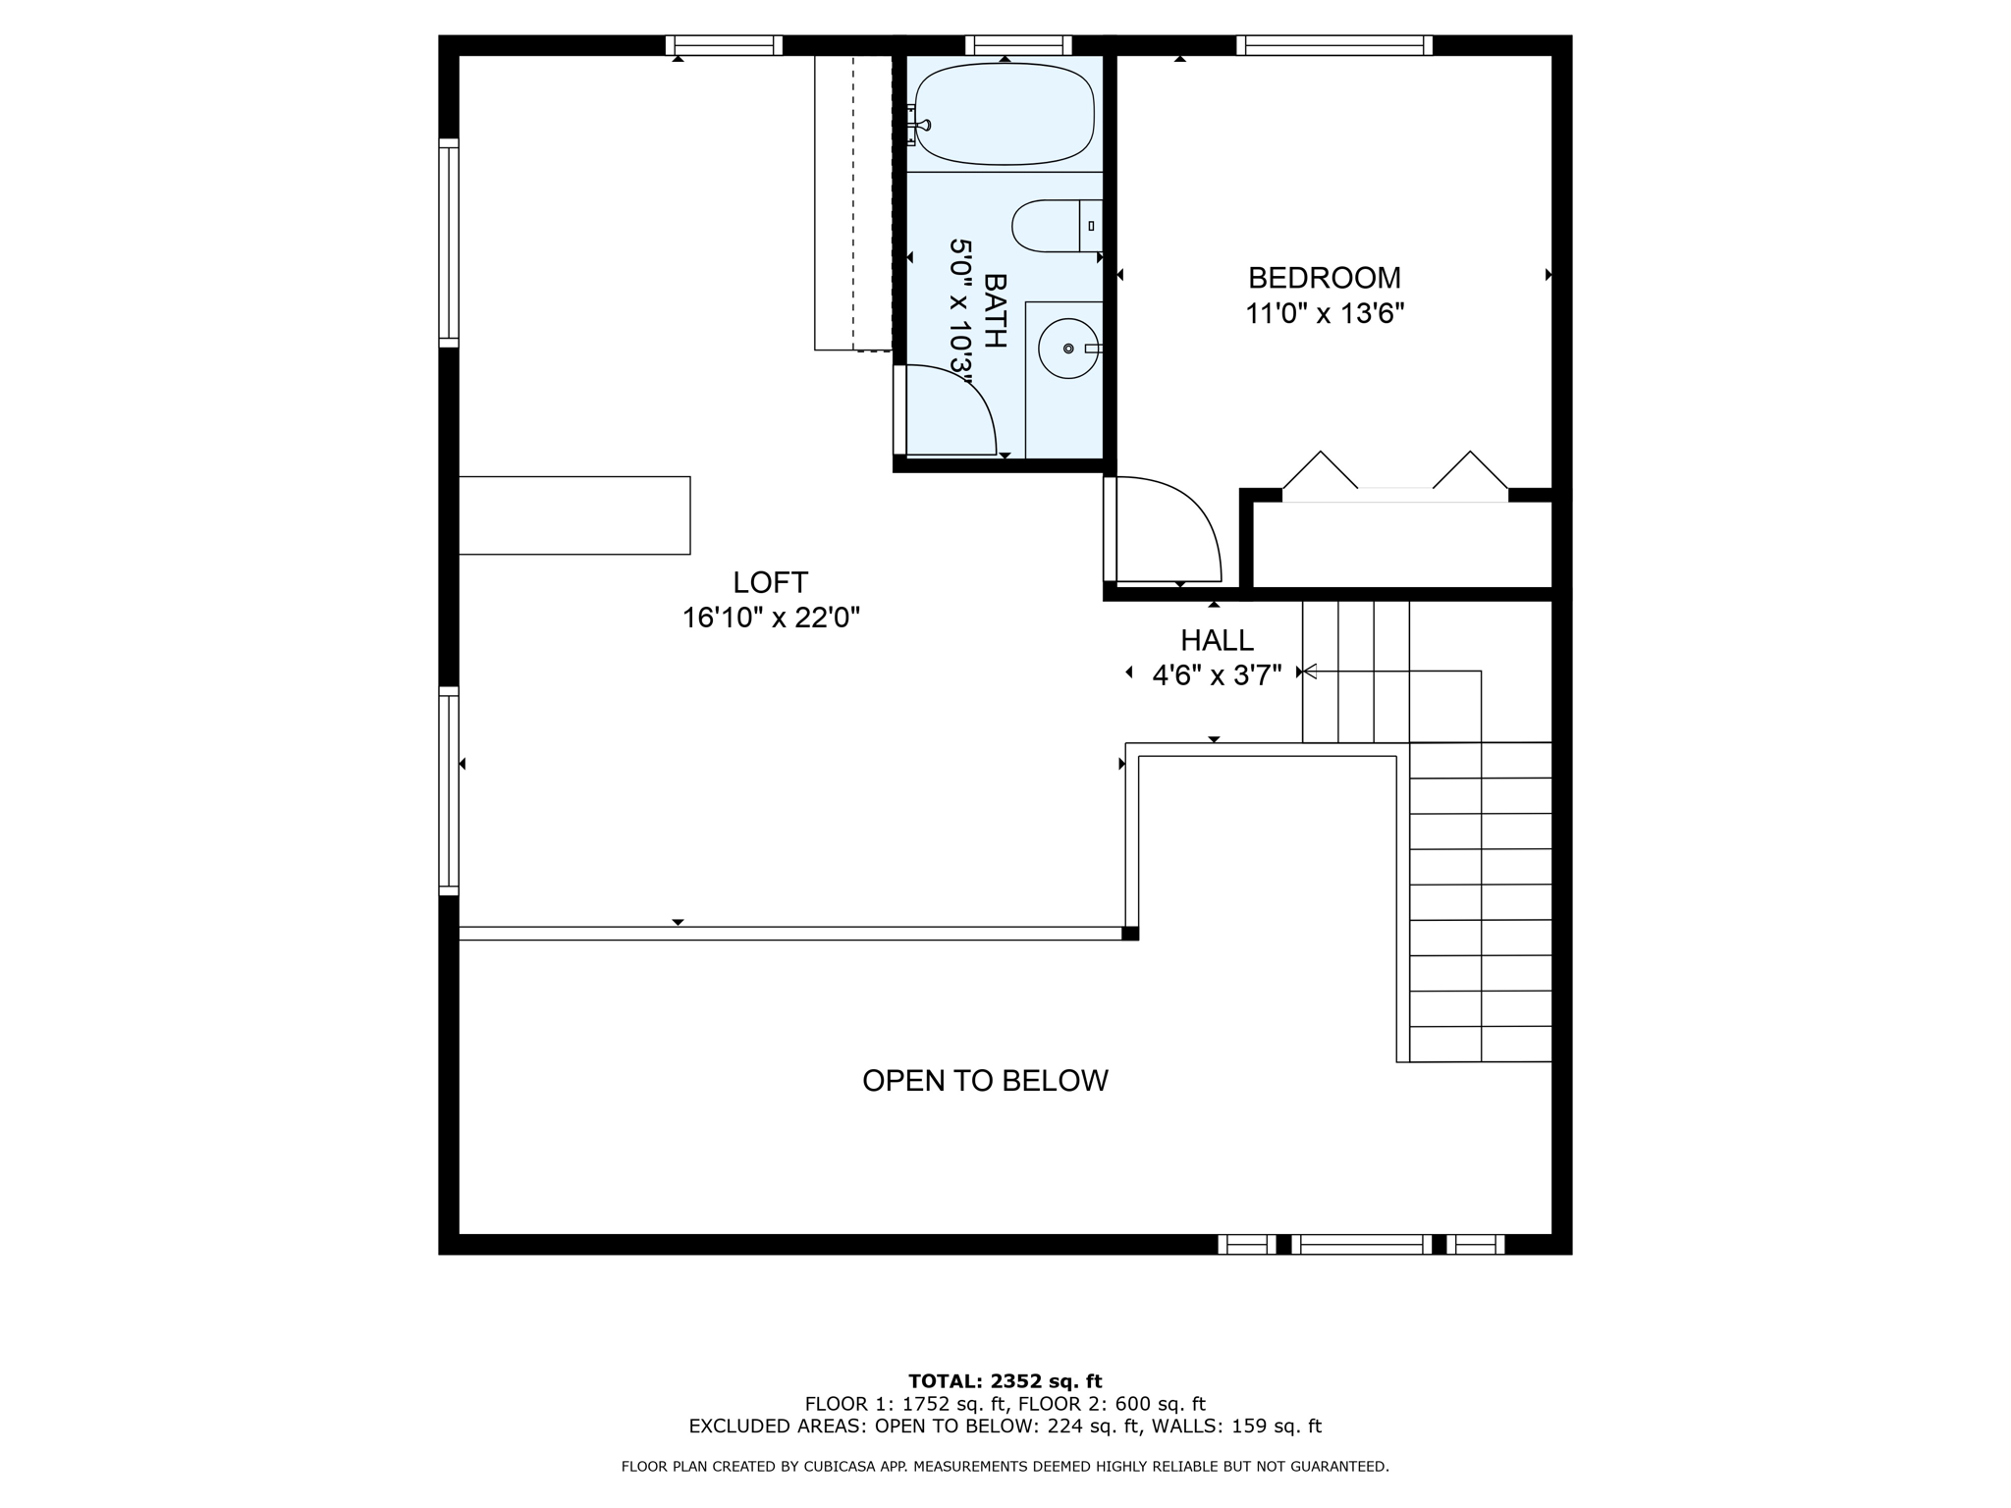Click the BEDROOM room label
(x=1324, y=278)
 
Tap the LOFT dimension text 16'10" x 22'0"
(x=771, y=618)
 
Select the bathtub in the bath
(x=1004, y=114)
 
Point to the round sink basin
(x=1067, y=349)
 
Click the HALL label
(x=1217, y=640)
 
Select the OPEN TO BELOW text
(x=985, y=1081)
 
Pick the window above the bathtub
(x=1017, y=45)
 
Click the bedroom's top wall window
(x=1333, y=45)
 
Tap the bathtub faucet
(x=921, y=126)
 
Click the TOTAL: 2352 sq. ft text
(x=1005, y=1381)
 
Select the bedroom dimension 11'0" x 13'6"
(x=1324, y=314)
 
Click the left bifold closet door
(x=1321, y=470)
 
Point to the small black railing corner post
(x=1130, y=934)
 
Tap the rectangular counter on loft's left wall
(x=574, y=515)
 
